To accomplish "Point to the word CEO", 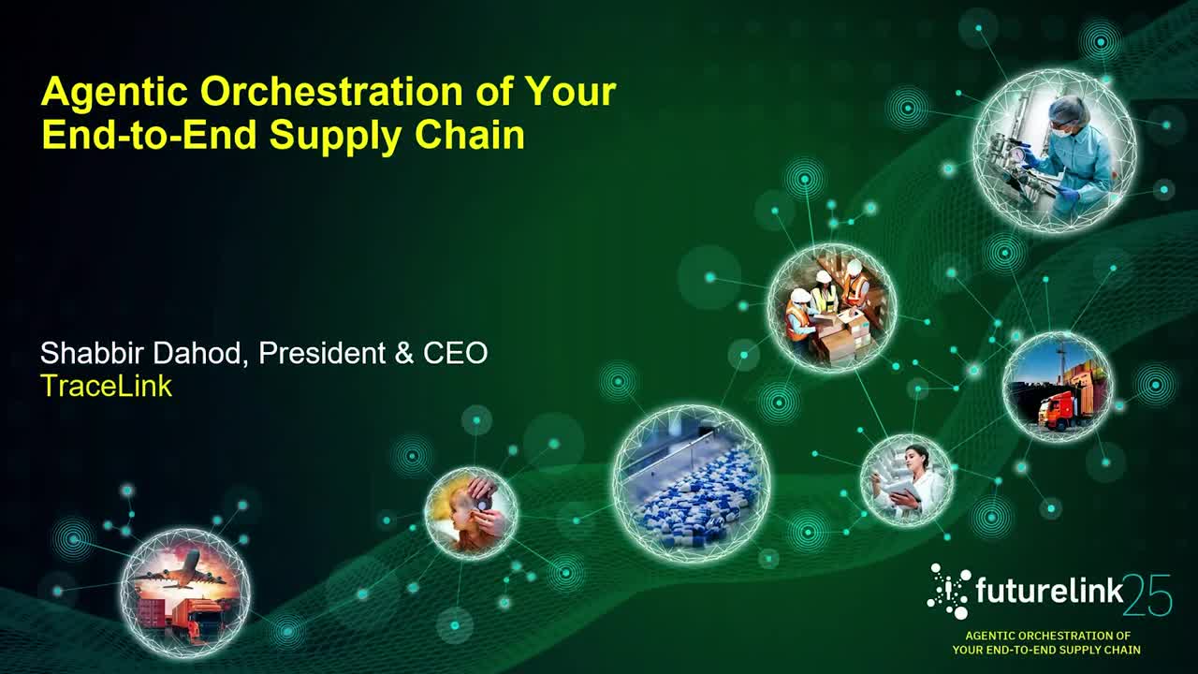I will tap(455, 354).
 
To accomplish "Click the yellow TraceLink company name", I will tap(106, 386).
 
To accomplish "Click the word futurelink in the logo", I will tap(1046, 591).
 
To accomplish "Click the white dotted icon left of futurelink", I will tap(949, 592).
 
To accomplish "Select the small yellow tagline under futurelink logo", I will tap(1046, 642).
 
